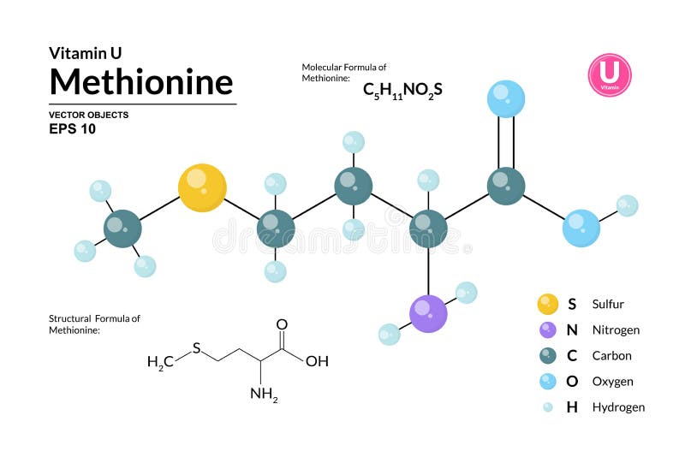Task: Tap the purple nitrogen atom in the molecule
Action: coord(428,313)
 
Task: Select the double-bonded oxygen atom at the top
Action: coord(506,99)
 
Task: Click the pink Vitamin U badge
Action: coord(609,75)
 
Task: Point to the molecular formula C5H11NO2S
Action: coord(402,89)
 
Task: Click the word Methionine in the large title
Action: coord(141,82)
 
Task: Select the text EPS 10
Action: coord(73,130)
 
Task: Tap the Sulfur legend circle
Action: coord(548,304)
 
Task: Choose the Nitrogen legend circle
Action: coord(548,329)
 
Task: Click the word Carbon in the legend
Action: coord(611,355)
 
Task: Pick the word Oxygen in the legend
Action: coord(612,381)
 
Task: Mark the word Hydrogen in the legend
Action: coord(618,407)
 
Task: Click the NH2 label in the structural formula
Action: coord(264,395)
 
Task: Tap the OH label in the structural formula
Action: coord(317,360)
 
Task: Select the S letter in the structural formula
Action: coord(196,347)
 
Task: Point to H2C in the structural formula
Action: coord(160,362)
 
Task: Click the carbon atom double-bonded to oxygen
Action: coord(506,186)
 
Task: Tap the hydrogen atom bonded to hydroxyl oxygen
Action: coord(627,205)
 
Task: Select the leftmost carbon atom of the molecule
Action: coord(122,228)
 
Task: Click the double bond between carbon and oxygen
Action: coord(506,142)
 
